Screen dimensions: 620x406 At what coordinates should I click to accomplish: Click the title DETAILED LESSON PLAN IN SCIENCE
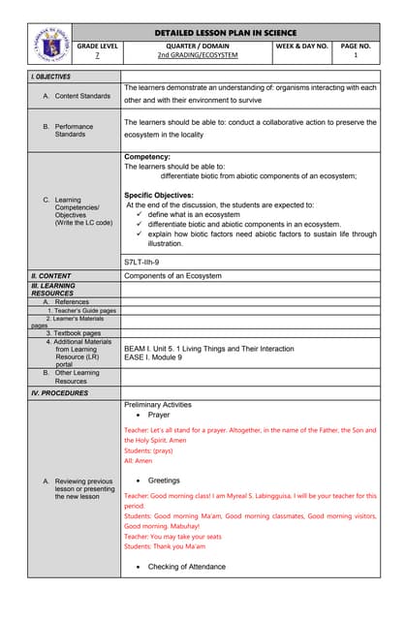226,31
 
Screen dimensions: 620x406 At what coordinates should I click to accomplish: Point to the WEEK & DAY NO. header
301,46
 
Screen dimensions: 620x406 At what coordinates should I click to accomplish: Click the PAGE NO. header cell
356,46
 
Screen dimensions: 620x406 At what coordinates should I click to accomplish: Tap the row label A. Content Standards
77,96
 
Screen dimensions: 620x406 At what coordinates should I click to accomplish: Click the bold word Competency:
147,157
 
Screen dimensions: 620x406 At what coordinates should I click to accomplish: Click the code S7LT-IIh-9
141,262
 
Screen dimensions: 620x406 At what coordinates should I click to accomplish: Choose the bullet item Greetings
164,480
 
